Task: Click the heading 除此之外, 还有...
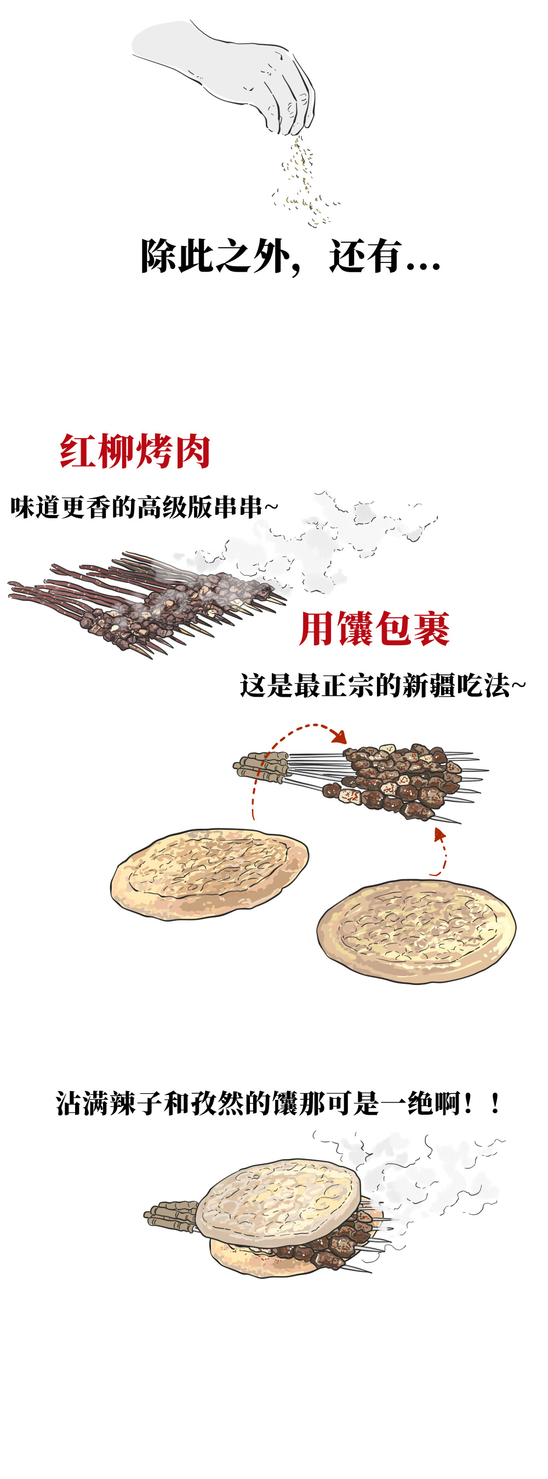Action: (290, 256)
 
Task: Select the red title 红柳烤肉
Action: (135, 451)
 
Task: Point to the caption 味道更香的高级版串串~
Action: (144, 508)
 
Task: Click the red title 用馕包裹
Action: (374, 629)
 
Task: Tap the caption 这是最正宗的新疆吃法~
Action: (382, 685)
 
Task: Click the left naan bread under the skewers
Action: (209, 873)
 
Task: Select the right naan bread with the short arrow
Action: (416, 930)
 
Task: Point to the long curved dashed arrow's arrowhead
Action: (341, 737)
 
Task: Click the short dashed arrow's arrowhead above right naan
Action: (439, 834)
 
